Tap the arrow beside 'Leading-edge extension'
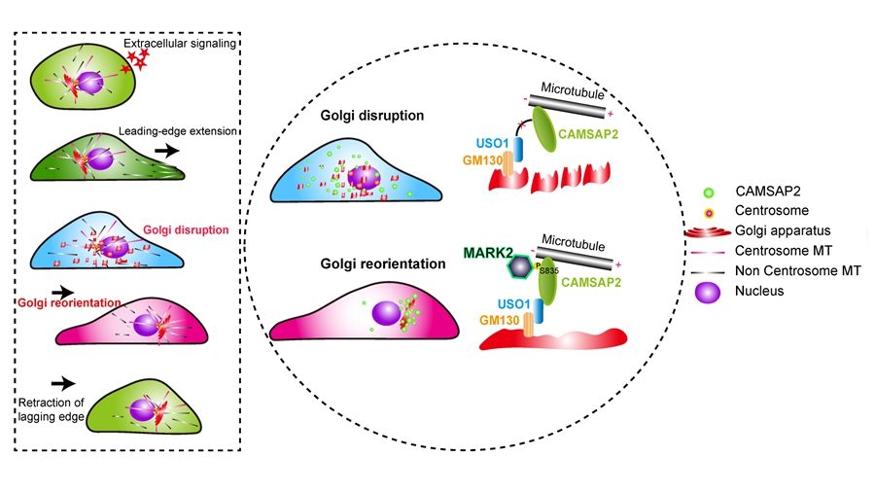[166, 151]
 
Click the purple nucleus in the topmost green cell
[88, 82]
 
